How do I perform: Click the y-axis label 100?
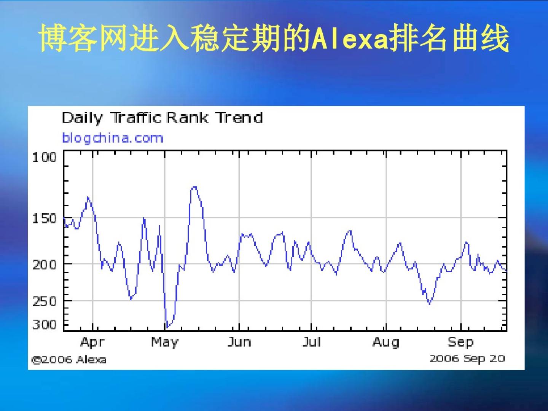click(x=45, y=158)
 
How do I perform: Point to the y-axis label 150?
click(x=45, y=218)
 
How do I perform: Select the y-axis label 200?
click(x=45, y=264)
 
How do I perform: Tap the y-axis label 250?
click(x=45, y=301)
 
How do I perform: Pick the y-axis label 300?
click(x=45, y=325)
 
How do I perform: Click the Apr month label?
click(x=92, y=342)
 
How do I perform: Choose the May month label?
click(x=165, y=342)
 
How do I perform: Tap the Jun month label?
click(x=239, y=342)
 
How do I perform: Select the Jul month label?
click(x=311, y=342)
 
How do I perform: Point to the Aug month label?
click(x=386, y=342)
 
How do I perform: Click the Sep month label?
click(x=460, y=342)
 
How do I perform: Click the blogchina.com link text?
click(x=113, y=138)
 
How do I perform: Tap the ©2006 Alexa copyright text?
click(x=69, y=360)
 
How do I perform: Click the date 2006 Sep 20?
click(x=467, y=359)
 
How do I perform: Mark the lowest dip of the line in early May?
click(x=167, y=327)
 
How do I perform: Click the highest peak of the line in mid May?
click(x=194, y=186)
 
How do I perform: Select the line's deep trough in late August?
click(x=429, y=304)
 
